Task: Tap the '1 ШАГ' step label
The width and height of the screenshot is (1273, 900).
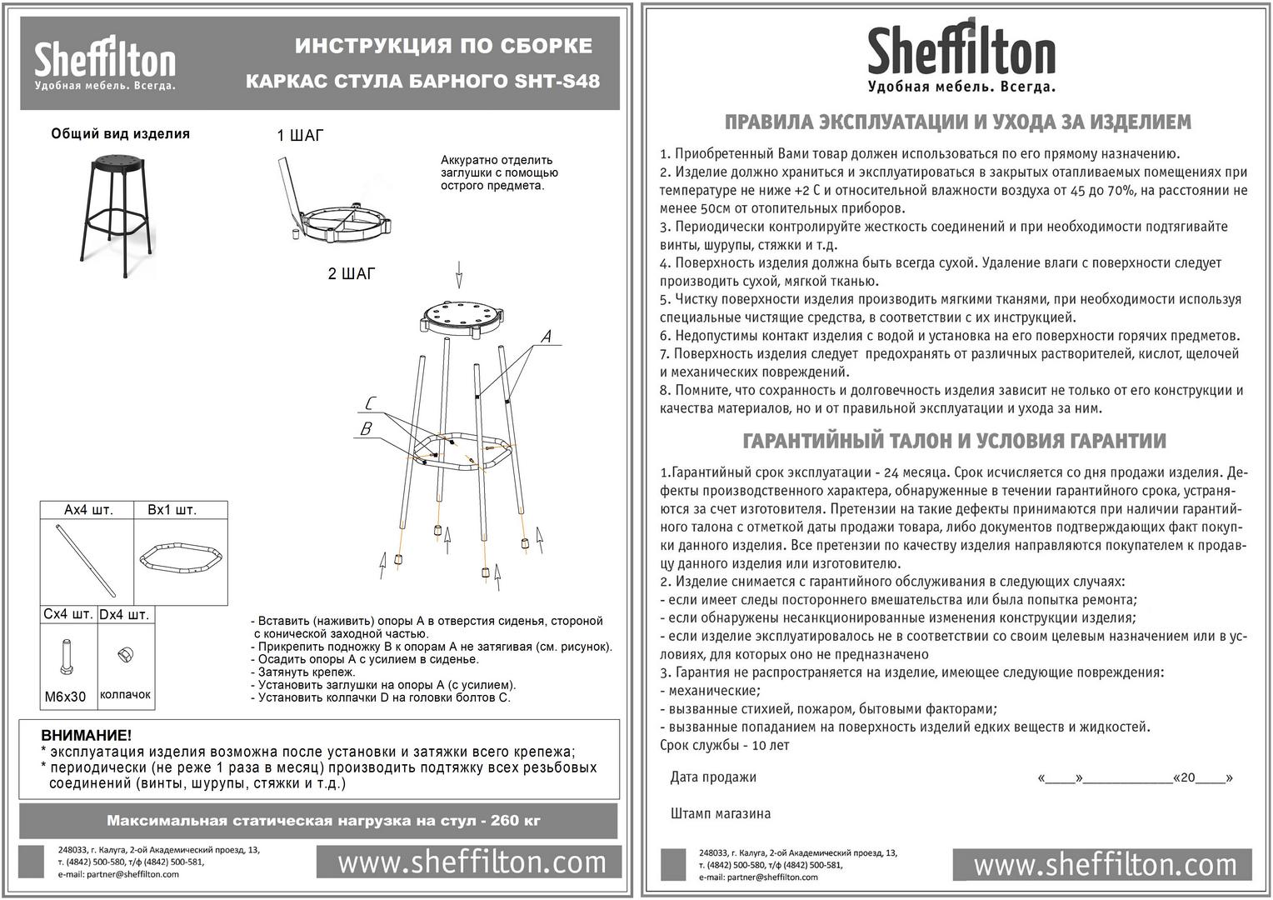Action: [x=300, y=136]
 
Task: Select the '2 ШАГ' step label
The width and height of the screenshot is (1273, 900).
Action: [x=351, y=274]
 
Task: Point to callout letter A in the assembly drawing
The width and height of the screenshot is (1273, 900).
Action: [x=546, y=337]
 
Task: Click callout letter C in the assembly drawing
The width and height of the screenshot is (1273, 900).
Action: [x=370, y=404]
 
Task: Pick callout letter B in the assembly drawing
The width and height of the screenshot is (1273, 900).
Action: [x=366, y=429]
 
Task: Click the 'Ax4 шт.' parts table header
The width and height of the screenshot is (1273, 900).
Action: [x=88, y=510]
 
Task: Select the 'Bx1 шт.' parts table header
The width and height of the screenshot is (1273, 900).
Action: [x=172, y=510]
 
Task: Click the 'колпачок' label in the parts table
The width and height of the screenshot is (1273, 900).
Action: [x=125, y=694]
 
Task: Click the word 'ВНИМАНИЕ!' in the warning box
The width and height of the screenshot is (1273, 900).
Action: [x=87, y=735]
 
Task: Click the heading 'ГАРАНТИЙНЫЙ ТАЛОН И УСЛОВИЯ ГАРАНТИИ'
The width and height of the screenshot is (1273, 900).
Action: [x=954, y=441]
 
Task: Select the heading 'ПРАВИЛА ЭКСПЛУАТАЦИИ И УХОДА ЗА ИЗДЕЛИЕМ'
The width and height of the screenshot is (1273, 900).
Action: [x=957, y=122]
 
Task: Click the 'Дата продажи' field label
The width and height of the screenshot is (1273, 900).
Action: [x=713, y=777]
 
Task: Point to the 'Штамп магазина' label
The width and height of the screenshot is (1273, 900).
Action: [x=720, y=813]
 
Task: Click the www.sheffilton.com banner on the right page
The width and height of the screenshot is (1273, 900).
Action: [x=1105, y=864]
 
